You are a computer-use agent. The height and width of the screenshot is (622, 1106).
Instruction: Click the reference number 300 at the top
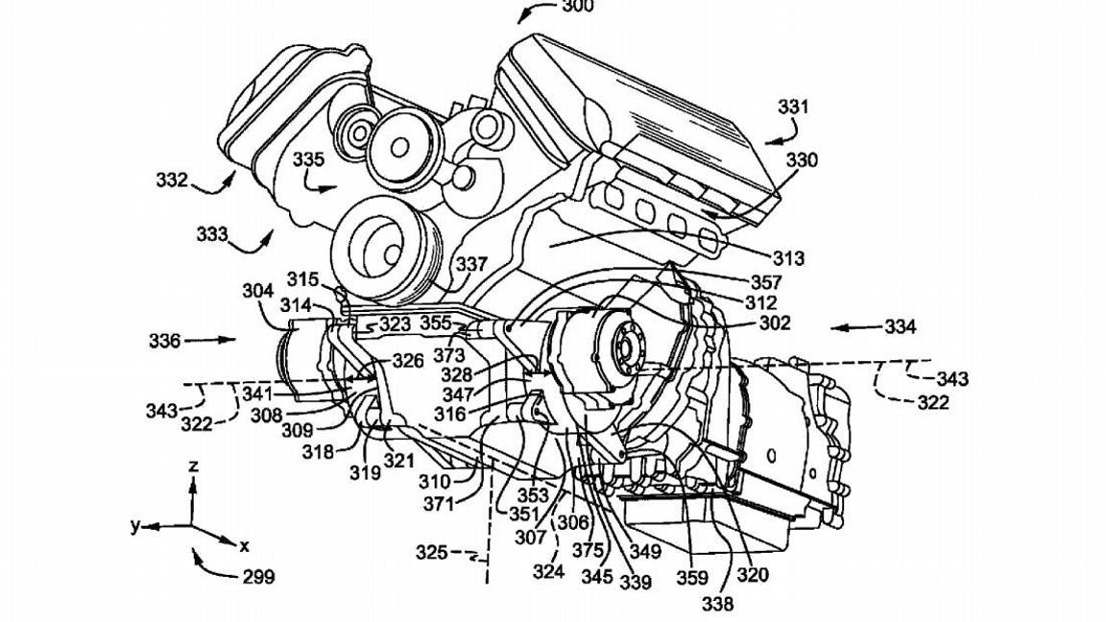[578, 7]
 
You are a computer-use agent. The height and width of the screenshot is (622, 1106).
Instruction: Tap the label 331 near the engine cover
[793, 108]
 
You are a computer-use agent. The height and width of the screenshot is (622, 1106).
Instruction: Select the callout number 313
[787, 258]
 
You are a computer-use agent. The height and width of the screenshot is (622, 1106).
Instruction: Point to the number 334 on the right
[900, 326]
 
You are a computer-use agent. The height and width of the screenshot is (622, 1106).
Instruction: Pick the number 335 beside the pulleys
[309, 159]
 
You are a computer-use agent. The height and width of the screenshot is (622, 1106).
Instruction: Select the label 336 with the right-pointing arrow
[164, 339]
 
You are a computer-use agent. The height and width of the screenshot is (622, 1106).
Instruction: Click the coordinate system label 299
[257, 577]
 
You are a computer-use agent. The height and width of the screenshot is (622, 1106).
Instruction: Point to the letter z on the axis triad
[193, 466]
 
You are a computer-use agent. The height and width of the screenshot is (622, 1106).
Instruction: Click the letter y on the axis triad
[135, 525]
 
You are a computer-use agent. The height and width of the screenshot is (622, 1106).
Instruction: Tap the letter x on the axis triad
[244, 545]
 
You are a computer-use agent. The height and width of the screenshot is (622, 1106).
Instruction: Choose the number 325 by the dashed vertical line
[431, 552]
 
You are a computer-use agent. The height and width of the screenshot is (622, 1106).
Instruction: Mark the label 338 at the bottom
[717, 604]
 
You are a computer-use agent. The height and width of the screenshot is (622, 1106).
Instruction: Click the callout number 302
[774, 323]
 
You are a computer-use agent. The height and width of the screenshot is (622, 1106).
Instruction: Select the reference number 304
[258, 290]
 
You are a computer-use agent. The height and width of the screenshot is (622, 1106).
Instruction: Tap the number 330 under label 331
[803, 160]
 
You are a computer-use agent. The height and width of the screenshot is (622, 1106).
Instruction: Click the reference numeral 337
[471, 263]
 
